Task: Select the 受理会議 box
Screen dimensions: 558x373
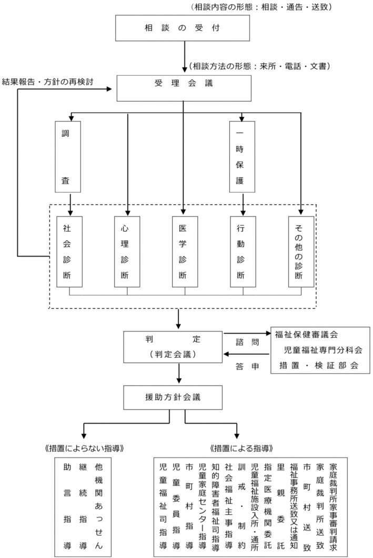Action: [183, 87]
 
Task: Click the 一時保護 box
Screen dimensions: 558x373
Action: [241, 156]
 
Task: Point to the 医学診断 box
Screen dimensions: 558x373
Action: [184, 251]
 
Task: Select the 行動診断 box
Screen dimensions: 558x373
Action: [241, 251]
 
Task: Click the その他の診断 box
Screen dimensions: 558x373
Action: [300, 251]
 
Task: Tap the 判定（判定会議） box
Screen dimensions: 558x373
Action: [173, 346]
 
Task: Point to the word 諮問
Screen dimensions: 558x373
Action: [247, 342]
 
